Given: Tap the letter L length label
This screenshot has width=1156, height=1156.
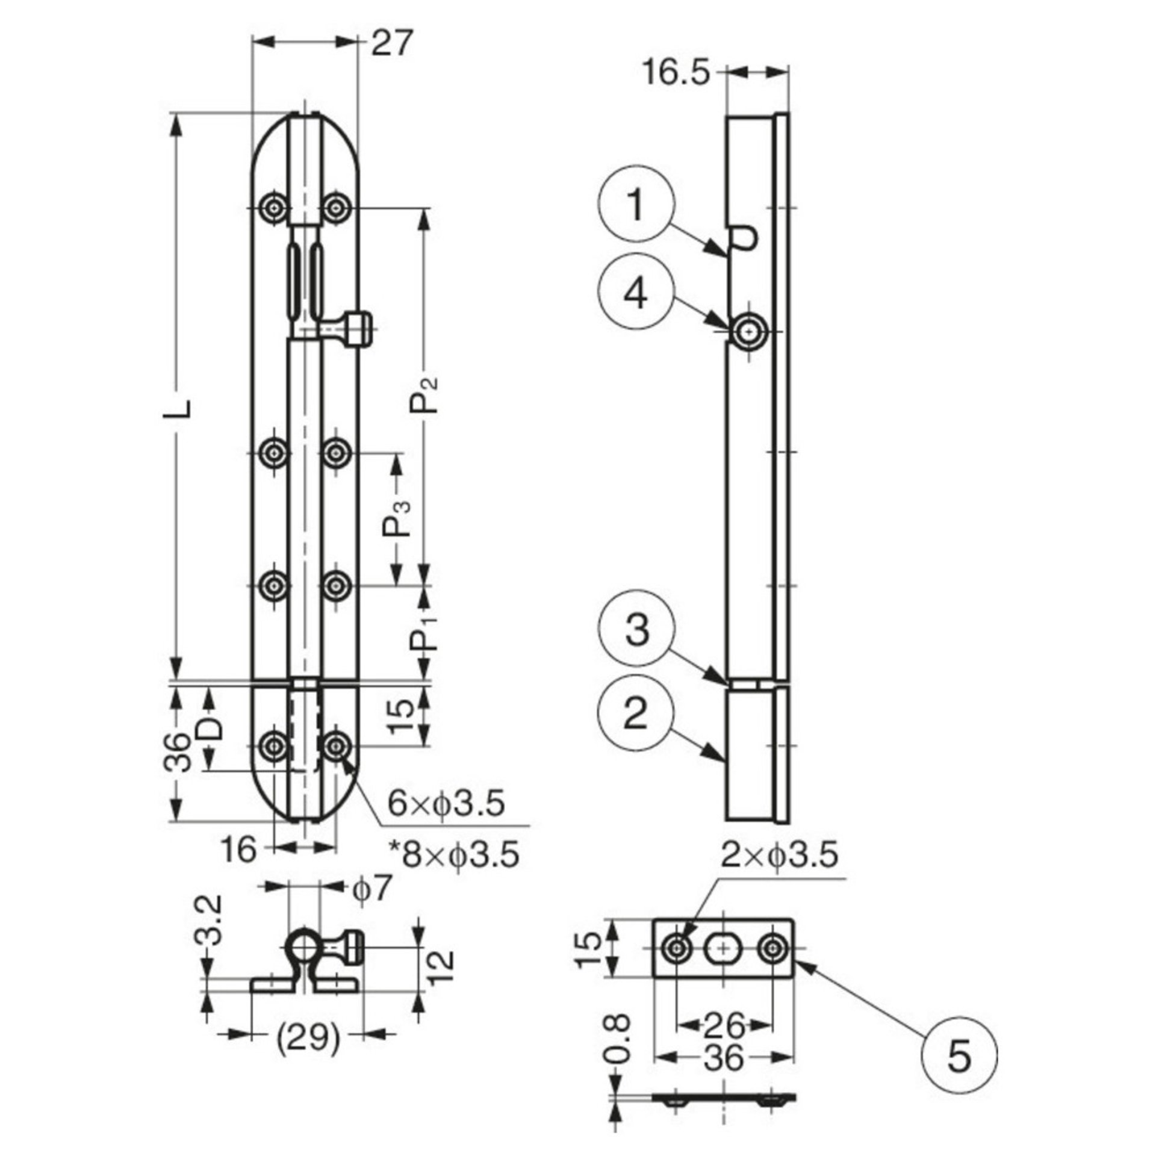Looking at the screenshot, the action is pos(185,408).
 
